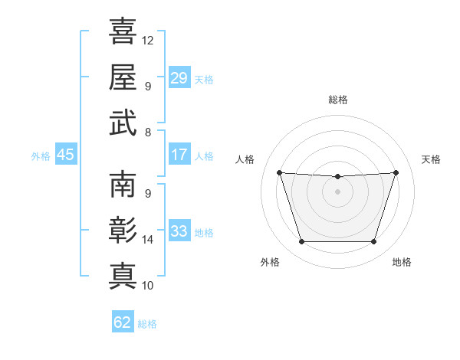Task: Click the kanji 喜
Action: (123, 31)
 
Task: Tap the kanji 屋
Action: (123, 77)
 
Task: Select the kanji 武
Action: (123, 123)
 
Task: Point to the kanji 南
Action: (123, 184)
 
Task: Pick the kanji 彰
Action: (123, 230)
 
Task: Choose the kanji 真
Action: (123, 277)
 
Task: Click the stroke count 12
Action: (147, 41)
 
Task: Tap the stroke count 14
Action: (147, 240)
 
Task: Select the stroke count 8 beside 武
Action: (148, 133)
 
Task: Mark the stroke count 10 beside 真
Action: (147, 286)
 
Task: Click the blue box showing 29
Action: (179, 77)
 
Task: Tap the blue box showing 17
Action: (179, 154)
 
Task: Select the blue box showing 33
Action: (179, 230)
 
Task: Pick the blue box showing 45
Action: (66, 154)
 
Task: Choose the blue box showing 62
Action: (123, 321)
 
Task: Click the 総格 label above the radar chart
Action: (338, 100)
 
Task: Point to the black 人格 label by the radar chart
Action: (245, 159)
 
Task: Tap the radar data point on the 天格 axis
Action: (396, 172)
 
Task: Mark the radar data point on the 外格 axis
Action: (301, 242)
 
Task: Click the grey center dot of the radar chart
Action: (337, 191)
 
